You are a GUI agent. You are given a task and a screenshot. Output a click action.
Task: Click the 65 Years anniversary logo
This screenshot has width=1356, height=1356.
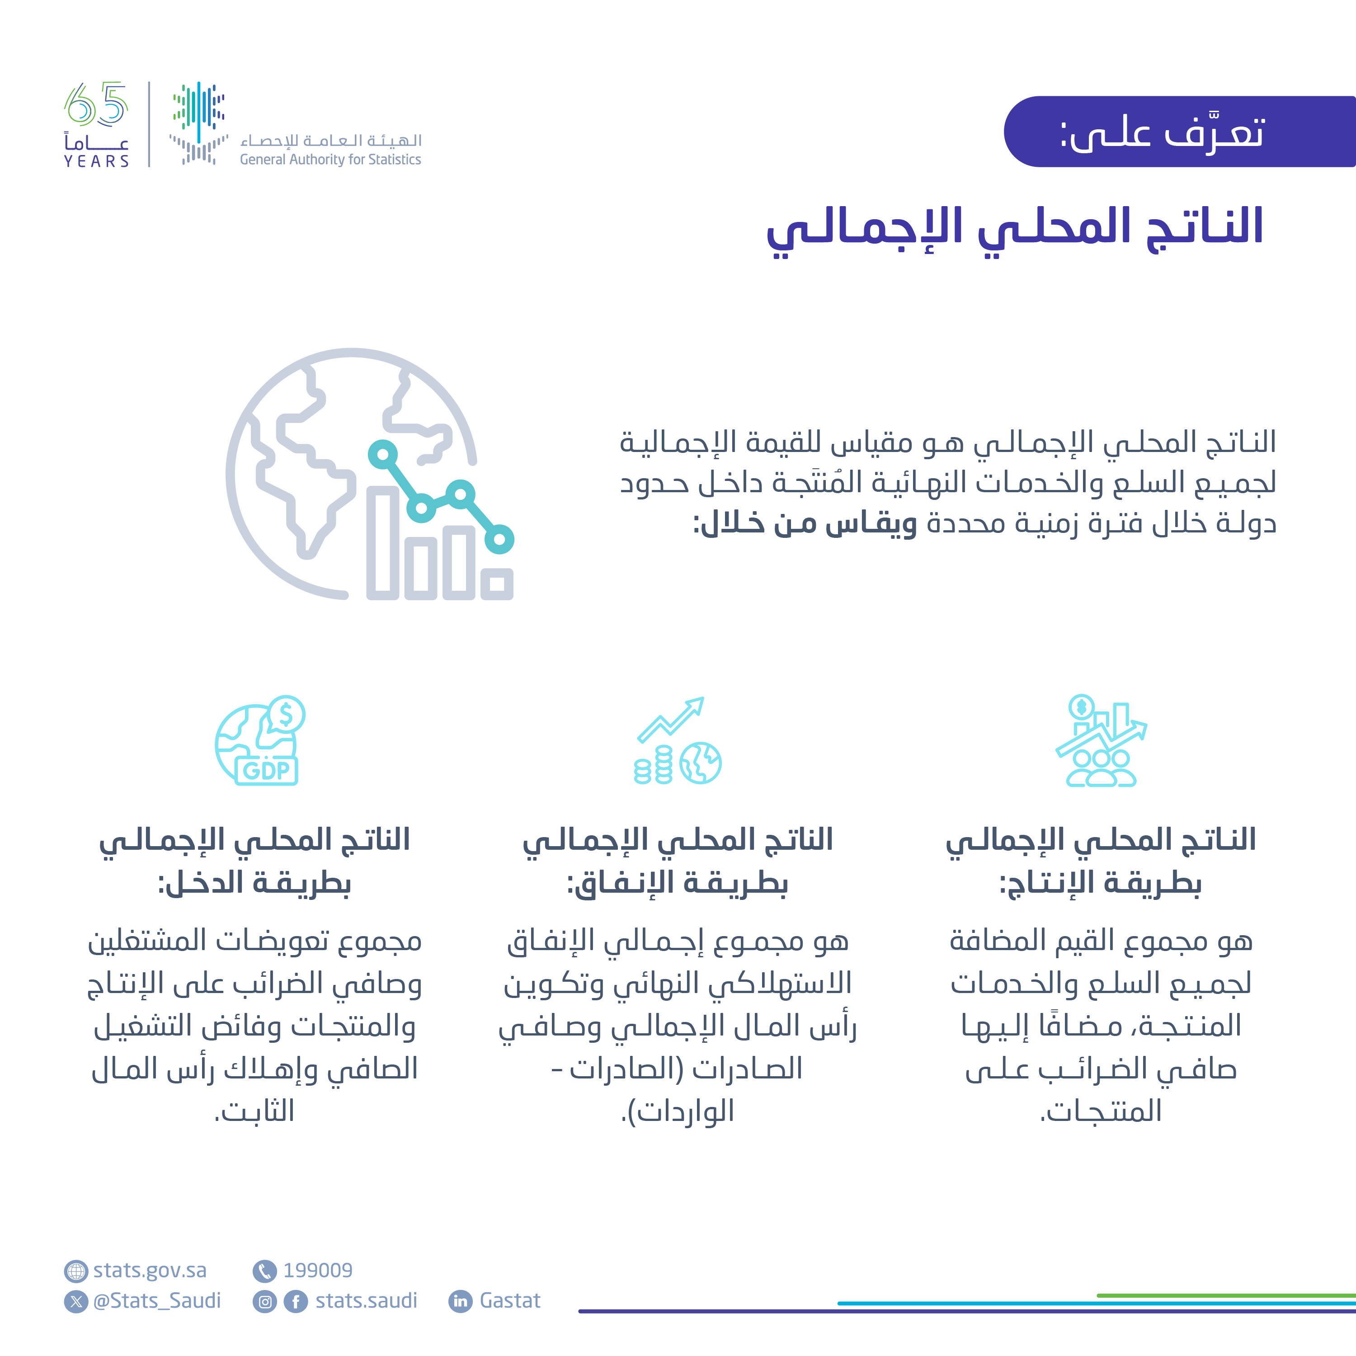tap(97, 124)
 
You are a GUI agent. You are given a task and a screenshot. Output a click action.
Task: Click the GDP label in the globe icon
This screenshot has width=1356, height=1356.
tap(266, 771)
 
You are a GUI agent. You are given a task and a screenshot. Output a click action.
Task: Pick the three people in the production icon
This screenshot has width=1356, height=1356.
tap(1101, 768)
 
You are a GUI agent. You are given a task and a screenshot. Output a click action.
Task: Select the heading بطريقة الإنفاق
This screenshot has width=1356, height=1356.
tap(677, 883)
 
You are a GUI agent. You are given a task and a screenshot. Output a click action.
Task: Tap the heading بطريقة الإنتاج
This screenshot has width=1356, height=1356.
tap(1101, 883)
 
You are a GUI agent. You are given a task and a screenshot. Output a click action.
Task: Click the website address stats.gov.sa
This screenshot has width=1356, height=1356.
tap(150, 1271)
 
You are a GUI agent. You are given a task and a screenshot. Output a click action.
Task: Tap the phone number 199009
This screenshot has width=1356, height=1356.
tap(317, 1271)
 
